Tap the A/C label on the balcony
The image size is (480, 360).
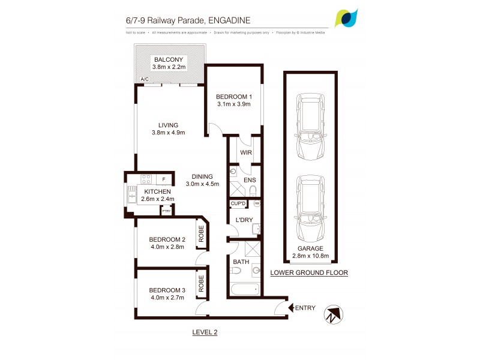coord(145,79)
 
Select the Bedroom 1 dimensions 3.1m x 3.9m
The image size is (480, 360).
coord(233,104)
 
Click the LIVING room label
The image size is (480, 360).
coord(168,125)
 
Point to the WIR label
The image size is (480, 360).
coord(245,153)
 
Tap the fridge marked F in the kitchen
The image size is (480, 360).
coord(164,179)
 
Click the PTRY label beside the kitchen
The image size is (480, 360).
coord(166,211)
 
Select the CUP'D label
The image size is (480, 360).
coord(238,203)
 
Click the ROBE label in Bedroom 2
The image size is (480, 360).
coord(202,233)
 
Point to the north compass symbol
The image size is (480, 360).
coord(332,315)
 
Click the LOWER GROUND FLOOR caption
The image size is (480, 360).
coord(309,272)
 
